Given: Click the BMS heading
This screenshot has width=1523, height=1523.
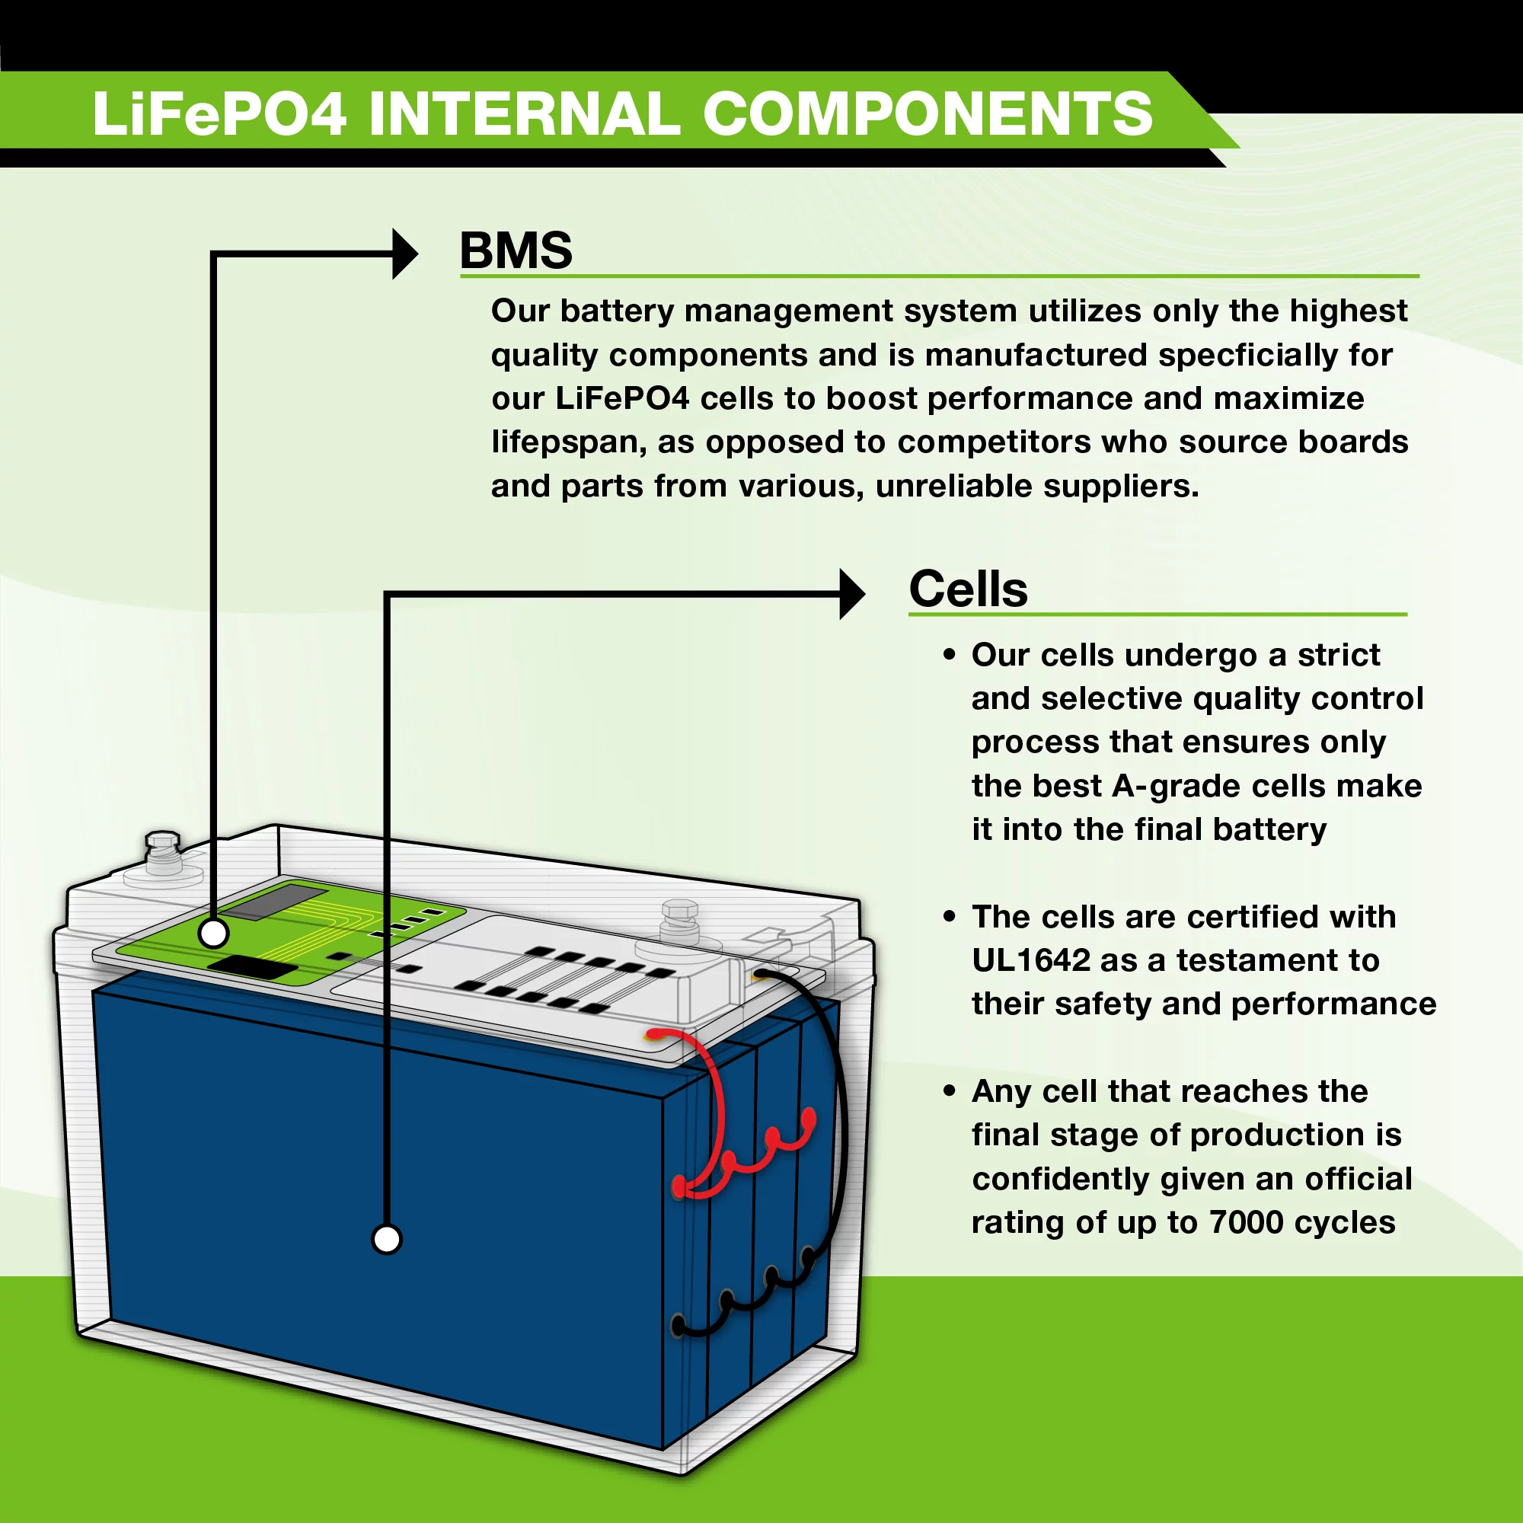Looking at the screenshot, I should point(516,251).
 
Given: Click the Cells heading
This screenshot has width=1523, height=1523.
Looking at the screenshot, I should point(968,589).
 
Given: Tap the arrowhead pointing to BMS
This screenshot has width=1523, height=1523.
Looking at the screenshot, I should point(404,254).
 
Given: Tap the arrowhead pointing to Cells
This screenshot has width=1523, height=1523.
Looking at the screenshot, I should point(851,594).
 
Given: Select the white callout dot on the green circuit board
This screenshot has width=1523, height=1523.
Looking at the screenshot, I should point(214,934).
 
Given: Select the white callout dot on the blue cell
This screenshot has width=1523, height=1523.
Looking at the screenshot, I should point(386,1238).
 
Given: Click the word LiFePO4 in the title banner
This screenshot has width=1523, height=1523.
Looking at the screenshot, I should point(219,114).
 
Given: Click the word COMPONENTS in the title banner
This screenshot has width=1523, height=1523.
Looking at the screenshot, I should point(928,114).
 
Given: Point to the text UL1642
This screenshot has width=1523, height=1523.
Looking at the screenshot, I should point(1030,960).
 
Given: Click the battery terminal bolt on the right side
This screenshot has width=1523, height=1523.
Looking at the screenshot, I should point(679,919).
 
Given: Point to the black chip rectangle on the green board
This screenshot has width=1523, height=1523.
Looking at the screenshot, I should point(252,967).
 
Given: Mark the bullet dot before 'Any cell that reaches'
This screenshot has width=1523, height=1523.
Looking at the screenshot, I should point(949,1091).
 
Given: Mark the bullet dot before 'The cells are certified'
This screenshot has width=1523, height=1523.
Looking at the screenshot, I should point(949,917).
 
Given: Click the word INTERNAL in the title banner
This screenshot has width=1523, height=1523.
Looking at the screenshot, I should point(524,114).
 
